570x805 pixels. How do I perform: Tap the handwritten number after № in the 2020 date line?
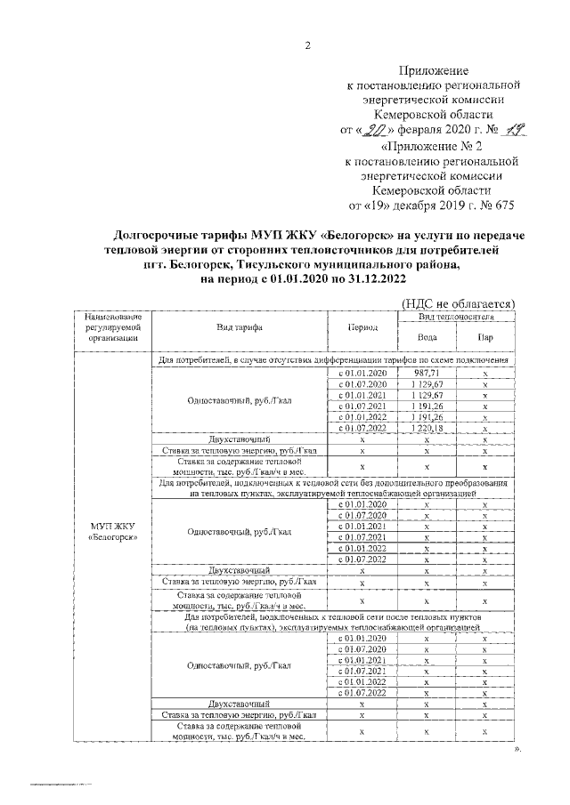(508, 130)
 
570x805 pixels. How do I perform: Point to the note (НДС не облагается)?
(459, 303)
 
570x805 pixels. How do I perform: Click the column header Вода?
(427, 337)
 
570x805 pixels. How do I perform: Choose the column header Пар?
(485, 337)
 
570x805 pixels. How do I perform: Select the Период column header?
(362, 327)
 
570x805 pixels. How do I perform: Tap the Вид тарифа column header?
(239, 327)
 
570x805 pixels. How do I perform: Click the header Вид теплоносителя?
(456, 316)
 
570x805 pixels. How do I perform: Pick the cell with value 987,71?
(427, 371)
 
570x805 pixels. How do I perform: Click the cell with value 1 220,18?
(427, 428)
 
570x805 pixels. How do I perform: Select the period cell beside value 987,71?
(362, 371)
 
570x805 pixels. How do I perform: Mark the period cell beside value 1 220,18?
(362, 428)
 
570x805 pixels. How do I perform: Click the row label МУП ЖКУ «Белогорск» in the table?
(106, 531)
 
